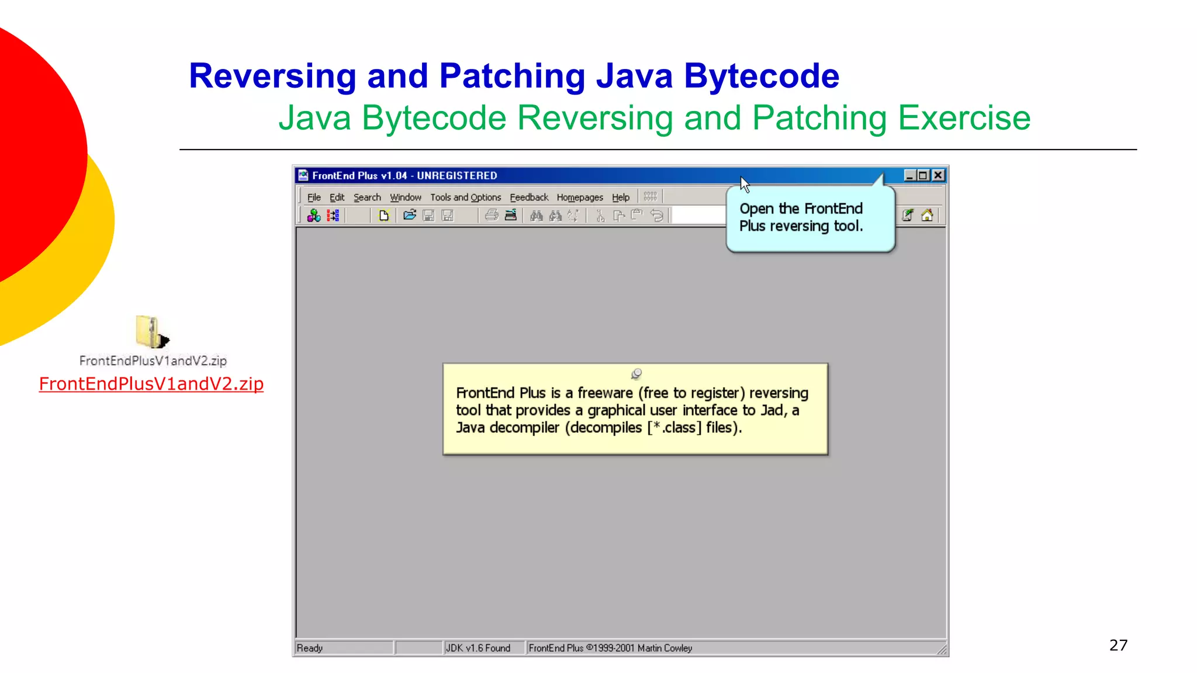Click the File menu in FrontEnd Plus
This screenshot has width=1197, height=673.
pos(314,197)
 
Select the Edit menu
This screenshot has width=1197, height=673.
pos(337,197)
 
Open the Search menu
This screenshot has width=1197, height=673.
pos(367,197)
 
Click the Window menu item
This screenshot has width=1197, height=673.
pos(406,197)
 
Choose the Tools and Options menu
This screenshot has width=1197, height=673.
pos(466,197)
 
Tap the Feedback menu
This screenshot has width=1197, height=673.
pos(529,197)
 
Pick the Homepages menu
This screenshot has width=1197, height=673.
pos(580,197)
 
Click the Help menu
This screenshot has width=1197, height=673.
pos(621,197)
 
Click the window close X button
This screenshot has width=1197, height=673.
pos(938,175)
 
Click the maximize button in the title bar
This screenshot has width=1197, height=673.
pos(923,175)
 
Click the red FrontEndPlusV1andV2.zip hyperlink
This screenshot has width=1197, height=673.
pos(151,384)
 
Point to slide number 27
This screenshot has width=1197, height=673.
pos(1118,645)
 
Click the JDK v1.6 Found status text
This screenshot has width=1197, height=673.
pos(478,648)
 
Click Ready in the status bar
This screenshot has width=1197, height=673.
pos(310,648)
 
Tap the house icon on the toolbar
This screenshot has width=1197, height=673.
pos(927,216)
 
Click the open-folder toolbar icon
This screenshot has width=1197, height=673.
pos(410,216)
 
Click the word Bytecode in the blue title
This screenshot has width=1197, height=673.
pos(762,76)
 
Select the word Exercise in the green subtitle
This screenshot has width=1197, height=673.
pos(964,118)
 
